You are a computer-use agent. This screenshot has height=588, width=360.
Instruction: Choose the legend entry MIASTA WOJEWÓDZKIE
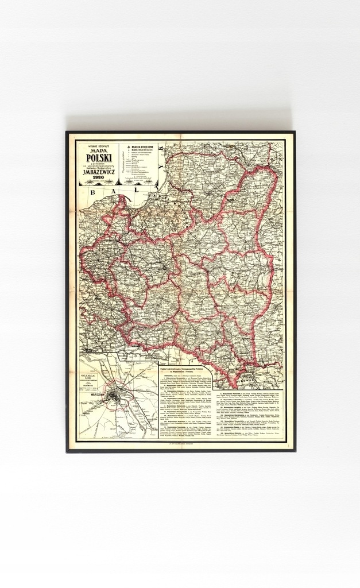(140, 151)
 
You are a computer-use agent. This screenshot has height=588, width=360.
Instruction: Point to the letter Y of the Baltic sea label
(163, 149)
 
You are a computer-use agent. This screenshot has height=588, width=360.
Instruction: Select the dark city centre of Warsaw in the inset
(119, 396)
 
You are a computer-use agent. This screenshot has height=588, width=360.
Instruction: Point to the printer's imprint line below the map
(181, 444)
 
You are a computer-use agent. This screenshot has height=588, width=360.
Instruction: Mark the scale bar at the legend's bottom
(140, 180)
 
